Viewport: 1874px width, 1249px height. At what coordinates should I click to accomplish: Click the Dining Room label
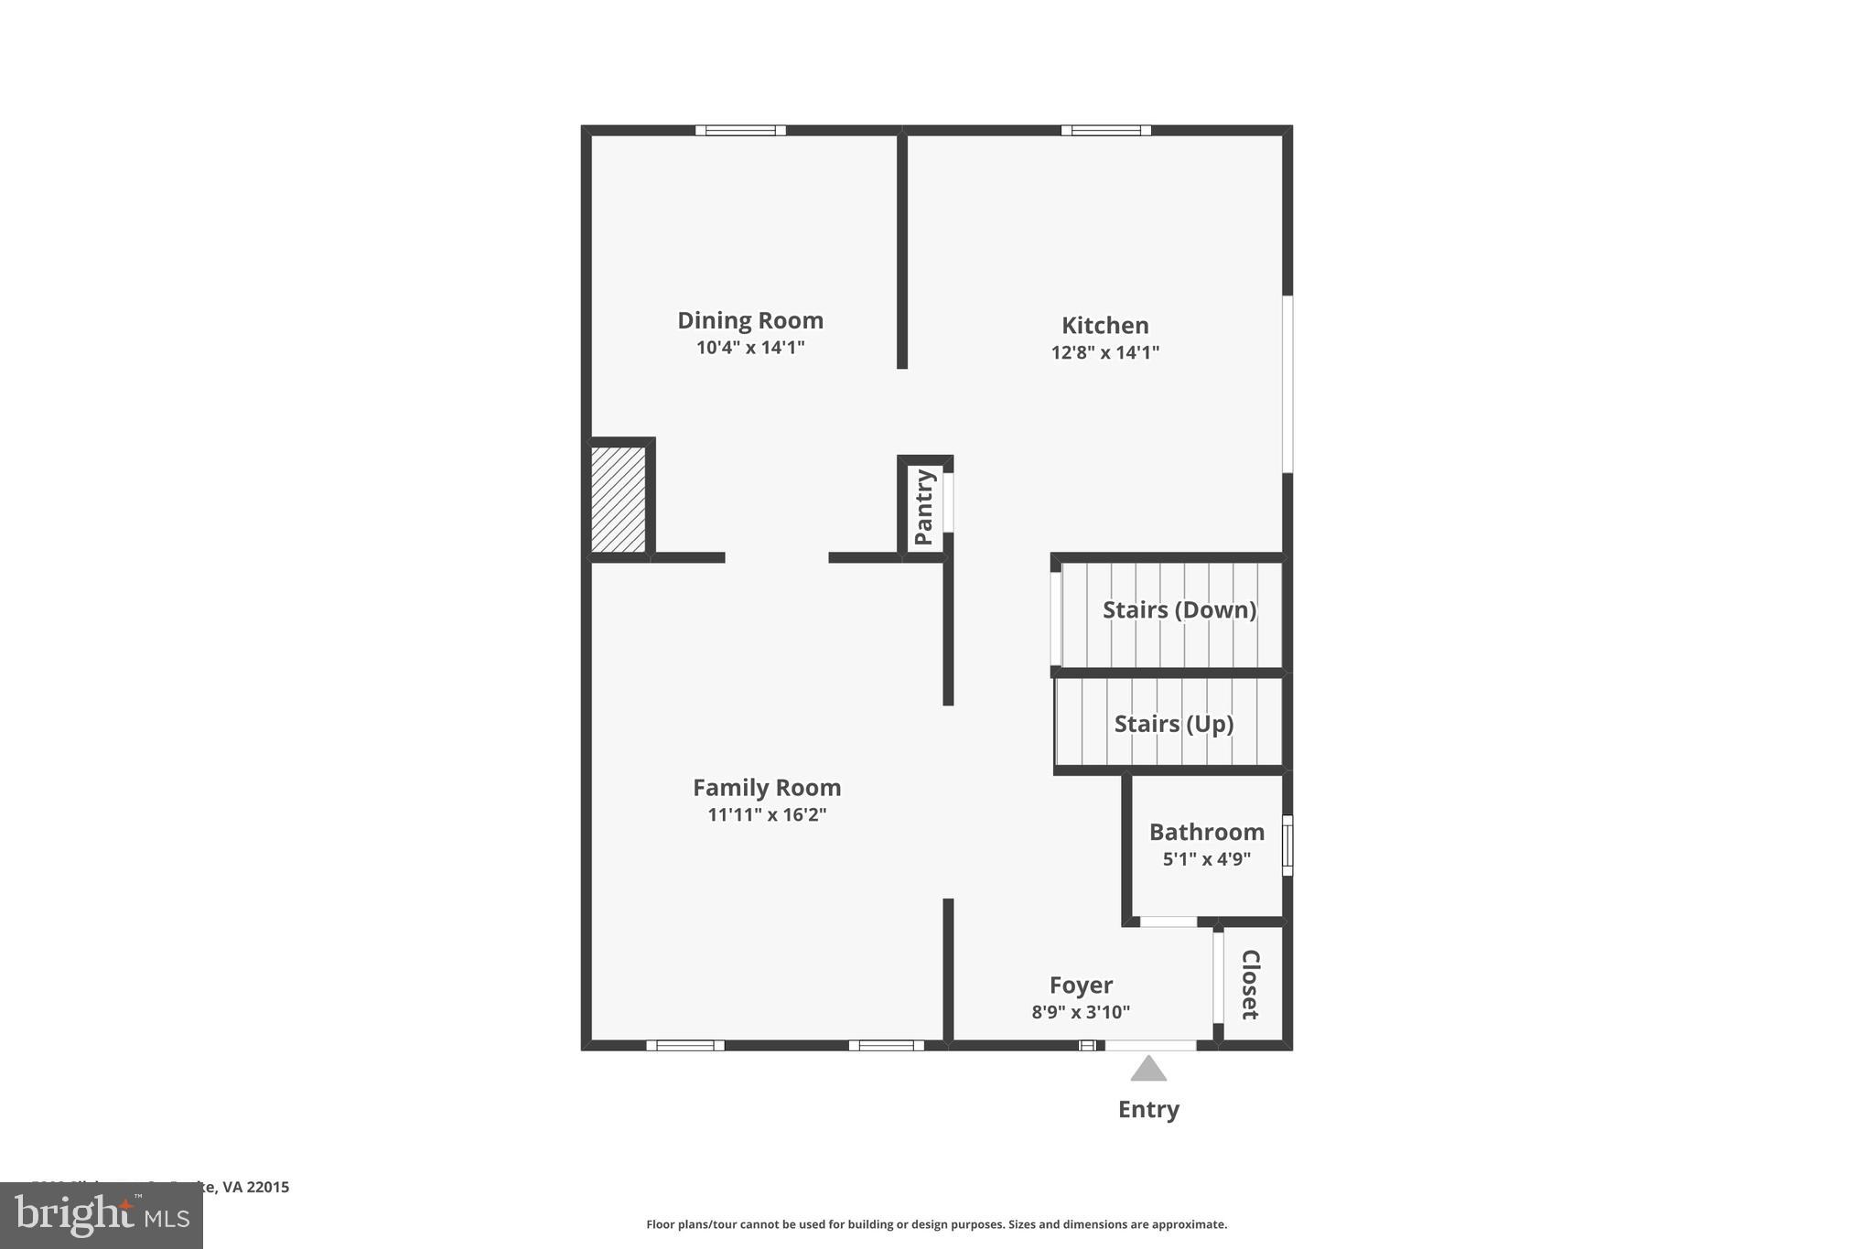click(x=750, y=320)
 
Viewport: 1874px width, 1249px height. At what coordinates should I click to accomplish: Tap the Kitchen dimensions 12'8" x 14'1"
click(x=1105, y=352)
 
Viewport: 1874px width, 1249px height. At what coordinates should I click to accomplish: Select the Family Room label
click(x=767, y=788)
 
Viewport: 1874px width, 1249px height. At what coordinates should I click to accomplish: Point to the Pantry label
click(x=924, y=507)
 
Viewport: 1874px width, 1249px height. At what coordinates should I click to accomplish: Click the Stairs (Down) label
click(x=1179, y=610)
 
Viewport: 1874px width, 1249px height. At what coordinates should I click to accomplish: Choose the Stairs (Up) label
click(x=1173, y=724)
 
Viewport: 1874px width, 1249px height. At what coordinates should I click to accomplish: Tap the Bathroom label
click(x=1206, y=832)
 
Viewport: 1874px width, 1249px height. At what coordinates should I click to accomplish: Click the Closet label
click(x=1250, y=985)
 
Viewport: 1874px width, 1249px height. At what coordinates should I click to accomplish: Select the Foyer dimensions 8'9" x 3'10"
click(x=1081, y=1012)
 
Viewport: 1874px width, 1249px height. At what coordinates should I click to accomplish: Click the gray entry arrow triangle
click(x=1148, y=1069)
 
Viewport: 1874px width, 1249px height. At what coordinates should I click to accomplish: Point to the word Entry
click(x=1148, y=1109)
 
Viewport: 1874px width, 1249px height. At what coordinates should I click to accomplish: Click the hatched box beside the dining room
click(x=618, y=499)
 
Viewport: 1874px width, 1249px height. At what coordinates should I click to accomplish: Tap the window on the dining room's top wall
click(x=740, y=130)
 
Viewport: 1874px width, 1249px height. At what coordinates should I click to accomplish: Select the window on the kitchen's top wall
click(x=1105, y=130)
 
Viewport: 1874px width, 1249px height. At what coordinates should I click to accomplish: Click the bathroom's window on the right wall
click(x=1287, y=845)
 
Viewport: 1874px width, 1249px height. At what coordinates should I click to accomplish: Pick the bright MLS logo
click(x=102, y=1216)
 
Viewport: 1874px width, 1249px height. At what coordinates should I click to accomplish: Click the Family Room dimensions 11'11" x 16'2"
click(x=767, y=814)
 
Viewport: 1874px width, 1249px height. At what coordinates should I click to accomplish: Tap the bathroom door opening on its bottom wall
click(x=1168, y=921)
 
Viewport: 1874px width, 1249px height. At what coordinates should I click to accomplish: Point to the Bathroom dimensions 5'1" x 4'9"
click(x=1206, y=859)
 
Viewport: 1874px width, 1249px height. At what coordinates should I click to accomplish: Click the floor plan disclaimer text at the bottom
click(x=936, y=1224)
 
